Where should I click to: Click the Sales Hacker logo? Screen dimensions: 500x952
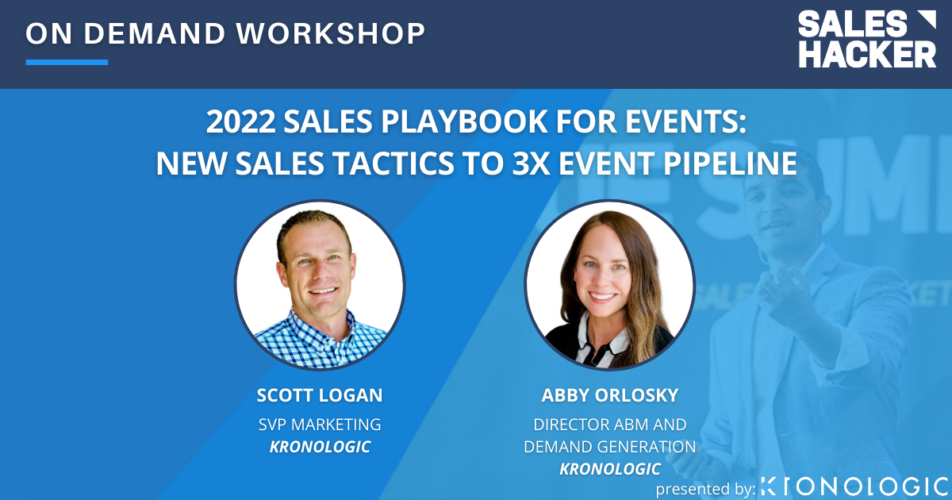[x=867, y=39]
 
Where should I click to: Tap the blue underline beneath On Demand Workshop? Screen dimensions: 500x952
[x=67, y=62]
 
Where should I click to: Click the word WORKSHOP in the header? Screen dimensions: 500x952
[x=331, y=33]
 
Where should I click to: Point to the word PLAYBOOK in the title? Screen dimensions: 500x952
[x=432, y=123]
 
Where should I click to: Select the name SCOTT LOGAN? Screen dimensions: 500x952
[x=320, y=395]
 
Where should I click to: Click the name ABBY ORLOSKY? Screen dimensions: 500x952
[x=609, y=395]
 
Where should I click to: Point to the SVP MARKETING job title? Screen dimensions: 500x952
[x=320, y=425]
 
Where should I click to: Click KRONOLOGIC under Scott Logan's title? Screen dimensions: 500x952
[x=320, y=447]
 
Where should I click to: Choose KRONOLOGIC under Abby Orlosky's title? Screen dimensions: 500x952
[x=609, y=469]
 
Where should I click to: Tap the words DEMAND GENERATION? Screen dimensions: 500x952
[x=609, y=447]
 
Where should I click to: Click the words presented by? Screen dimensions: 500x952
[x=705, y=489]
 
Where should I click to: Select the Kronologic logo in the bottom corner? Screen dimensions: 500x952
[x=854, y=486]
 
